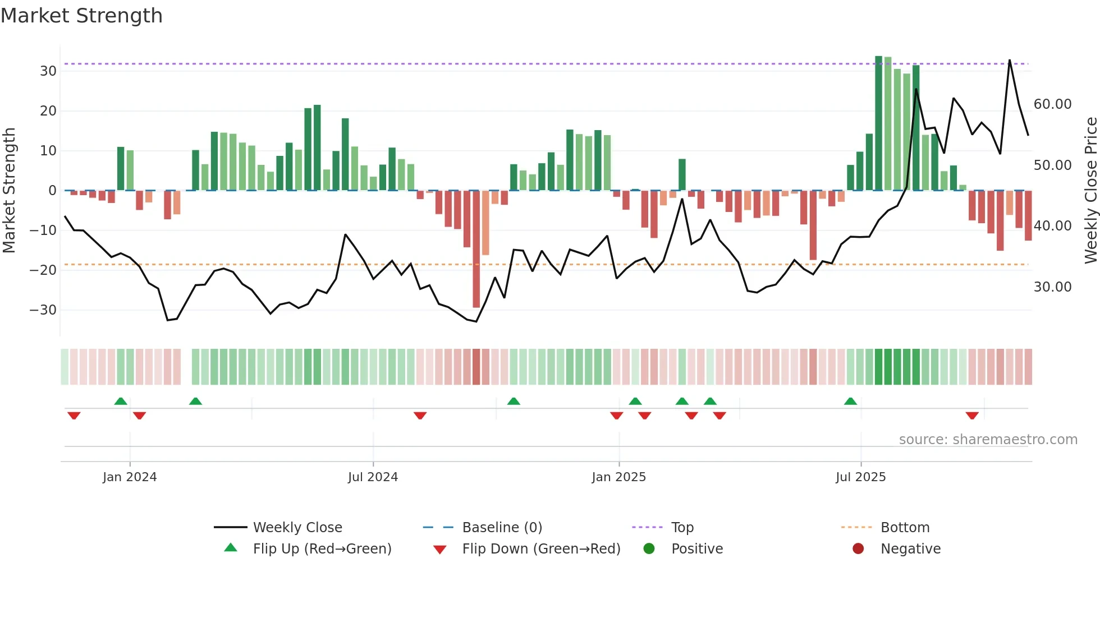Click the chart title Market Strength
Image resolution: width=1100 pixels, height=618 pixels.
81,16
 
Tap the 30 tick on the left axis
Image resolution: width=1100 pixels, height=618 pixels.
48,71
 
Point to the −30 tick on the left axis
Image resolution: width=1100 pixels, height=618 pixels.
43,310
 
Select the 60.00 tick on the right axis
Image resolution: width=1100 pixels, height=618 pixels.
1052,104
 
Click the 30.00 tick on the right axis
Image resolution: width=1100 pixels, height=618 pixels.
1052,287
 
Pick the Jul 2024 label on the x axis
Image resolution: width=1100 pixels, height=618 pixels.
373,477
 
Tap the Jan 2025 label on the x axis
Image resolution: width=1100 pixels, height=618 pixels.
618,477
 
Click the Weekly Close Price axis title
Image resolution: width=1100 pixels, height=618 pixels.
1090,191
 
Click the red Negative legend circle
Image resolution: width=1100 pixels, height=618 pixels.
858,549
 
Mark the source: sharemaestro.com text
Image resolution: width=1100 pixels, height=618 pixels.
988,440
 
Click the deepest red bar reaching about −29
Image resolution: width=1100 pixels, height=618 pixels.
476,250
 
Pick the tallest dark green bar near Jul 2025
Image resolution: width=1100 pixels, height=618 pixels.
878,123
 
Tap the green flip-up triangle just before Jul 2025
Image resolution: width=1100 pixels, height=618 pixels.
850,402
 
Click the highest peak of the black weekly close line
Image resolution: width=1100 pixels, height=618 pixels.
1010,60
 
